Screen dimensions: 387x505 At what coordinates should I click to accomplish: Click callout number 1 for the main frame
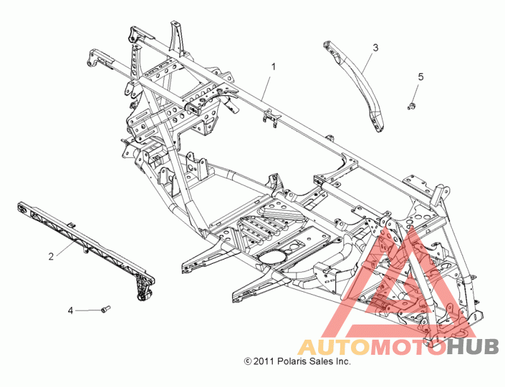pyautogui.click(x=274, y=66)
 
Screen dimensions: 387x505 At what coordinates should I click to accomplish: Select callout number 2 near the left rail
pyautogui.click(x=50, y=256)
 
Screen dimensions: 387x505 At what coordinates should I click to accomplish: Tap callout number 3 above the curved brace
pyautogui.click(x=375, y=47)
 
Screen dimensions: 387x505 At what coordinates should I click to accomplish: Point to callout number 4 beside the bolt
pyautogui.click(x=71, y=310)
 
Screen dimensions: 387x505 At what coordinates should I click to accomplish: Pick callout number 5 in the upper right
pyautogui.click(x=420, y=77)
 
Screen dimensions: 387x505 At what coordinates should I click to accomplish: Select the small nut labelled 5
pyautogui.click(x=412, y=105)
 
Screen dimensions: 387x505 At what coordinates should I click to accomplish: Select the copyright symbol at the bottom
pyautogui.click(x=247, y=362)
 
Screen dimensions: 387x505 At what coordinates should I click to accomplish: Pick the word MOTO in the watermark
pyautogui.click(x=404, y=347)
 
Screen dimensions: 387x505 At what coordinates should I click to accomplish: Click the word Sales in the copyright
pyautogui.click(x=322, y=362)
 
